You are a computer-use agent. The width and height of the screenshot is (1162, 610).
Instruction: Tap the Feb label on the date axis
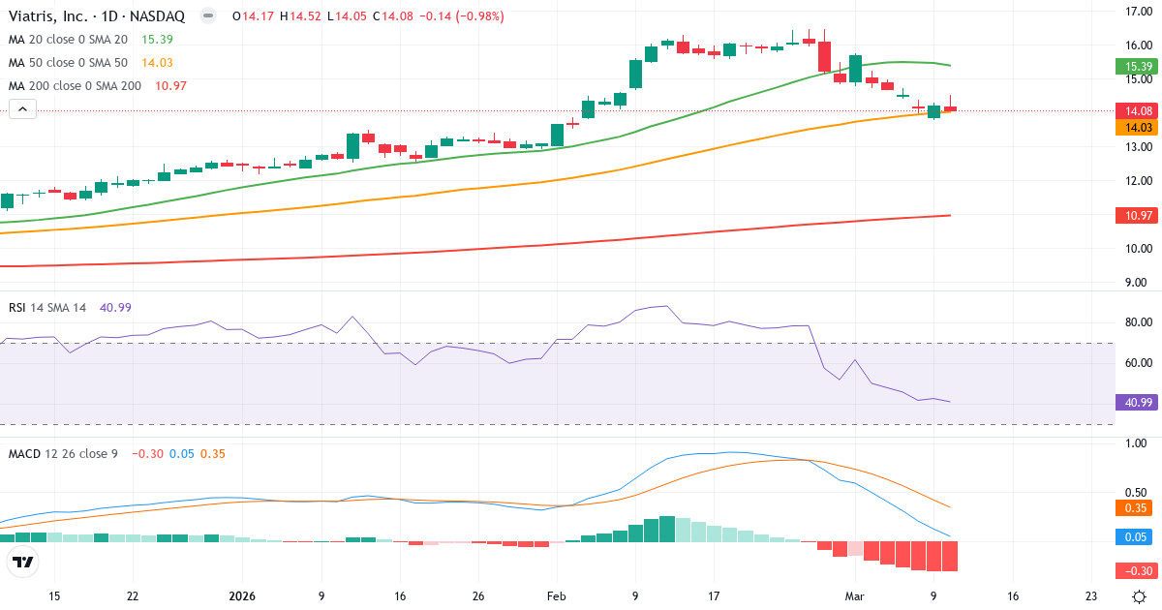pos(556,596)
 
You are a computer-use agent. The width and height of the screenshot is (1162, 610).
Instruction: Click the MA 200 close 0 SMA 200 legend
pos(74,85)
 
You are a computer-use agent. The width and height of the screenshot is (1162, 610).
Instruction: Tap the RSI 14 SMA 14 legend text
pos(47,307)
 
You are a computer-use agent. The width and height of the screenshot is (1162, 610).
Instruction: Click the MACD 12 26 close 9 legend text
pos(63,453)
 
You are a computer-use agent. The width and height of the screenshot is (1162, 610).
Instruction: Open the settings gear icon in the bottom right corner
pos(1141,596)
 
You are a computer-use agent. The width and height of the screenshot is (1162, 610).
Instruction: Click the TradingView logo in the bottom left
pos(23,561)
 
